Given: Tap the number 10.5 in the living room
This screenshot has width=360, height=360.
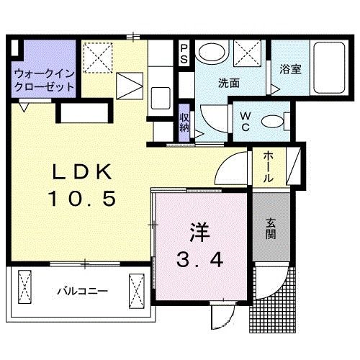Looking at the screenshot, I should coord(81,198).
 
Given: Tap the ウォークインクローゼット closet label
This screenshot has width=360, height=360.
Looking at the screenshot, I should coord(44,79).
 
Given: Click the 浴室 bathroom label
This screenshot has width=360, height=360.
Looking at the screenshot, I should coord(289,70).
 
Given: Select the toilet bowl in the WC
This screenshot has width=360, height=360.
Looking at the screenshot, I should coord(272,121).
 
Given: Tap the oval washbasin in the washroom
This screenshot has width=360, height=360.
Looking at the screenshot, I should coord(212,52).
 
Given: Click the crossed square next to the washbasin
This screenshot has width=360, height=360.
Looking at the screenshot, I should coord(249,53).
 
